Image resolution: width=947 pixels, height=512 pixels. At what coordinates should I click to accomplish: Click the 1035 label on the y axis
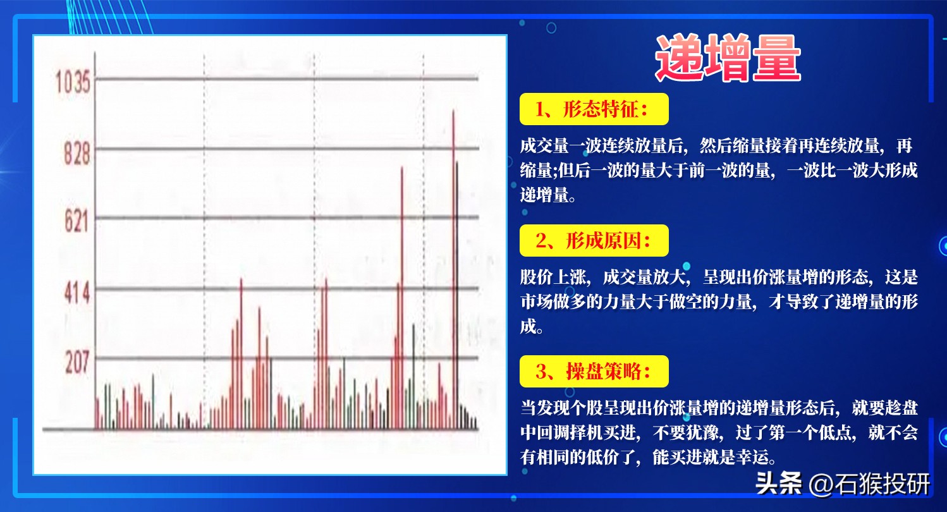click(x=73, y=82)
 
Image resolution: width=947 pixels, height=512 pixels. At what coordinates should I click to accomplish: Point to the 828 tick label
click(x=77, y=153)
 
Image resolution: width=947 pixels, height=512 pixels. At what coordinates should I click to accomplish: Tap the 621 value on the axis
click(x=76, y=221)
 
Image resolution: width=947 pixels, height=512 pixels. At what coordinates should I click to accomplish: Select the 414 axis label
click(x=77, y=293)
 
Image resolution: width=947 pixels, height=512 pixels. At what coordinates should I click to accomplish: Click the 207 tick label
click(x=77, y=362)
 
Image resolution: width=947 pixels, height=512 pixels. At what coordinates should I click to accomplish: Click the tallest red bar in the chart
click(x=454, y=270)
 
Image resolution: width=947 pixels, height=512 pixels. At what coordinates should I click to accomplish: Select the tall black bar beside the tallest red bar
click(x=457, y=295)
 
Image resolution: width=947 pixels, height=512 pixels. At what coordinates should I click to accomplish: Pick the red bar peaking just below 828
click(x=401, y=298)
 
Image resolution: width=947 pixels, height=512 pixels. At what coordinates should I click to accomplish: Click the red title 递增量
click(x=728, y=58)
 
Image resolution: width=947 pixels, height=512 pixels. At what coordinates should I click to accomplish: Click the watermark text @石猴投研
click(x=869, y=484)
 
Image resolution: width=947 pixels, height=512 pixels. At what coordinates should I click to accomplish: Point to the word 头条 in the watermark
click(x=778, y=484)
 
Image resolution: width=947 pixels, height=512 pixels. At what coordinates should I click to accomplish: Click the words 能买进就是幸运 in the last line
click(x=711, y=457)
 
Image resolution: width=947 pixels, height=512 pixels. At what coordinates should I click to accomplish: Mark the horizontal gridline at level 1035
click(x=286, y=78)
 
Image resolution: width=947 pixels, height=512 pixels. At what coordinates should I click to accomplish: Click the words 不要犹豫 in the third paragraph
click(x=686, y=432)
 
